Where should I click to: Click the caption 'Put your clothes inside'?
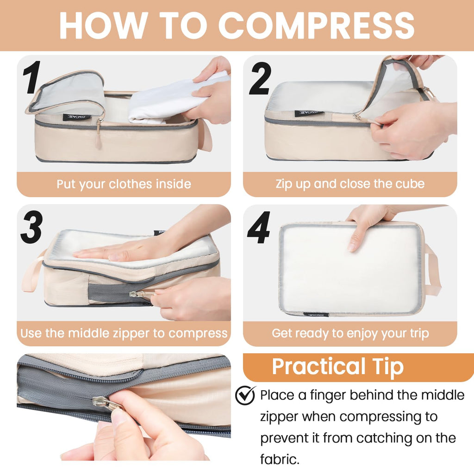pyautogui.click(x=124, y=184)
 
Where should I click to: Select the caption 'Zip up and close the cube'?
pyautogui.click(x=350, y=184)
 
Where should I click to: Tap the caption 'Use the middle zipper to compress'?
pyautogui.click(x=124, y=333)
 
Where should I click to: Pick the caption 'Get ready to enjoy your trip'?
pyautogui.click(x=350, y=333)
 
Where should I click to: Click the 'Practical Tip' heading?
pyautogui.click(x=338, y=367)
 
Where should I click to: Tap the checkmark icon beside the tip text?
pyautogui.click(x=245, y=395)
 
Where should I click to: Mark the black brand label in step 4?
pyautogui.click(x=316, y=315)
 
